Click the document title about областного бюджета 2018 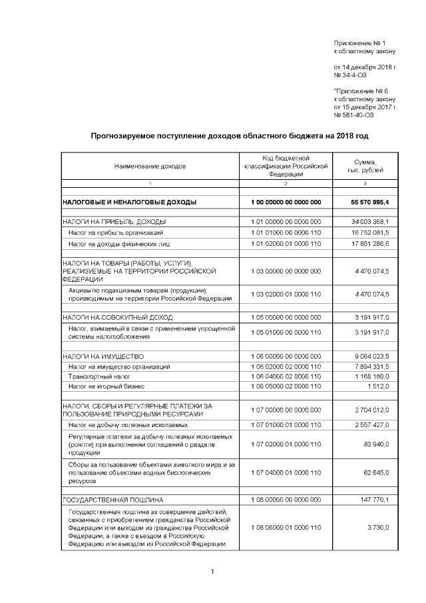[229, 136]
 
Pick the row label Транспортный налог [94, 376]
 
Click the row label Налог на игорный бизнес [106, 386]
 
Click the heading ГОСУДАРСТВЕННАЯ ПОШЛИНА [112, 499]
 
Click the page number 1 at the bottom [212, 572]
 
